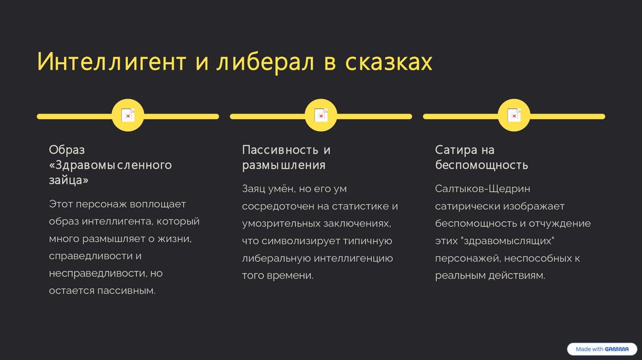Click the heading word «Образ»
(66, 151)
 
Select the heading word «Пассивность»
(280, 151)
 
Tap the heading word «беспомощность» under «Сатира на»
(481, 166)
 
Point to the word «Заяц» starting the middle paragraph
(255, 189)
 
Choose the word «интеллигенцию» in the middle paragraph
(354, 258)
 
